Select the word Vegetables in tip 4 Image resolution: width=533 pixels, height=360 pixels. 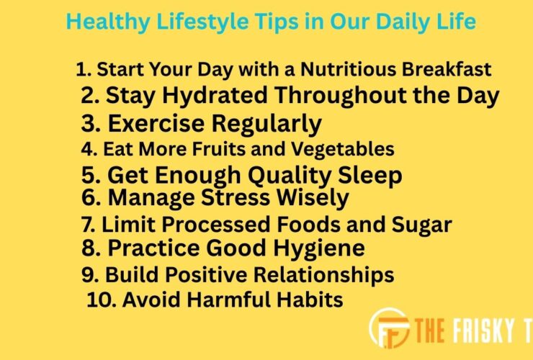[346, 149]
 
